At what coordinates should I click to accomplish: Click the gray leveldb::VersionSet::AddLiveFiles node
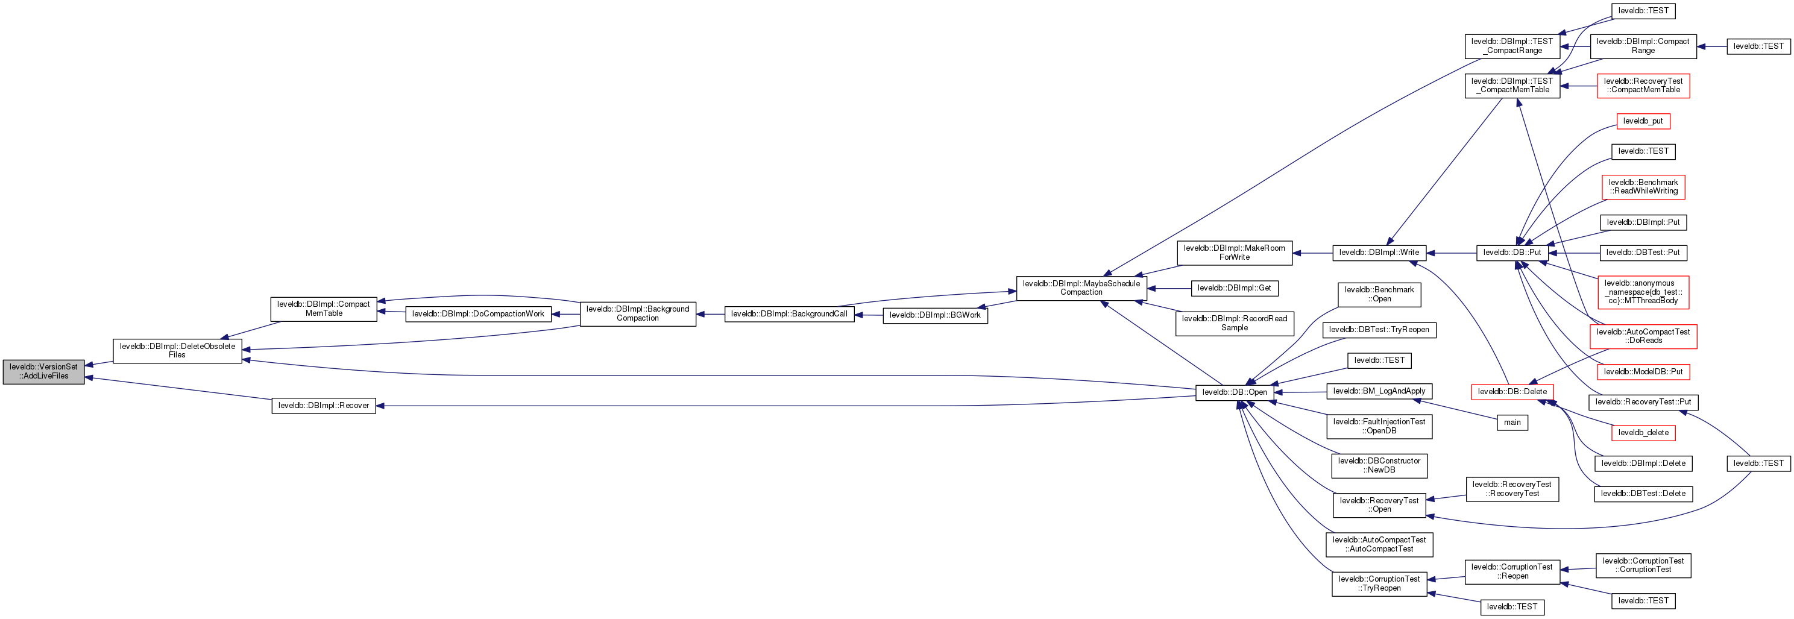(43, 371)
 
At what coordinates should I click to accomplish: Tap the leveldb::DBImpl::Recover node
(323, 405)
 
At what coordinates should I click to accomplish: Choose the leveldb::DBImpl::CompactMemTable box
(323, 309)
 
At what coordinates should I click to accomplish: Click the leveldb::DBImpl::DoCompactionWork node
(478, 314)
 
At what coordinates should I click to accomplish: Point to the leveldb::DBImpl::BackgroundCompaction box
(637, 313)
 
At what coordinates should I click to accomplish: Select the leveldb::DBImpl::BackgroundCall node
(788, 314)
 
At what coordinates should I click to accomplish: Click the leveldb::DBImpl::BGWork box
(934, 315)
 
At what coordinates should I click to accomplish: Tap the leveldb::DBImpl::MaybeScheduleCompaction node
(1081, 288)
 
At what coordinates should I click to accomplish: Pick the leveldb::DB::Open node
(1234, 392)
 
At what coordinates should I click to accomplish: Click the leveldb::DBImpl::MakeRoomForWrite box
(1234, 253)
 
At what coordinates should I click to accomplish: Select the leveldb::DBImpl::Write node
(1379, 253)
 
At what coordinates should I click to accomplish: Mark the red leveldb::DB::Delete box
(1512, 391)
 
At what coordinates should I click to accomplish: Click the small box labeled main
(1512, 422)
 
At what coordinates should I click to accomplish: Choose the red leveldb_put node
(1642, 121)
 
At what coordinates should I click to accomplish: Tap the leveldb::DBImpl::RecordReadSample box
(1234, 323)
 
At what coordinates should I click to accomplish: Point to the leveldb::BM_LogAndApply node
(1379, 391)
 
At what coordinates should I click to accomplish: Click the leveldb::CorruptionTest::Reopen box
(1512, 571)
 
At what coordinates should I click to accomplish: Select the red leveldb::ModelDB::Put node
(1642, 372)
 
